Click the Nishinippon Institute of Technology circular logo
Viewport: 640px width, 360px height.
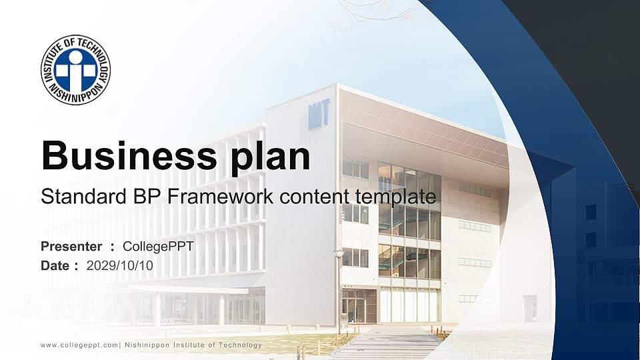coord(75,70)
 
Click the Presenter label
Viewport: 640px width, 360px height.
coord(71,247)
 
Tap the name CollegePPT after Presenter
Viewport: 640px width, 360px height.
coord(159,247)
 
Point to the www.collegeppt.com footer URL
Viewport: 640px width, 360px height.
coord(79,345)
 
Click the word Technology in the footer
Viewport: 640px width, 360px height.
coord(239,345)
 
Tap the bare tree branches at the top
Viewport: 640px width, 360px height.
coord(360,13)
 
